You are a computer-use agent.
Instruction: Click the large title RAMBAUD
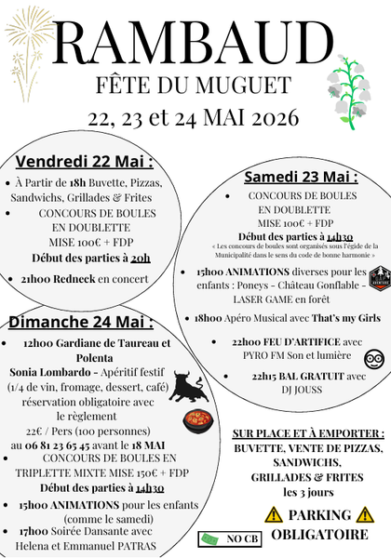195,44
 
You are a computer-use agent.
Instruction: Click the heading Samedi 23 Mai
301,177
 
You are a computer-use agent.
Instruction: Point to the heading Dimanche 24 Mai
81,322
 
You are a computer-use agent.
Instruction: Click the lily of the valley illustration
351,89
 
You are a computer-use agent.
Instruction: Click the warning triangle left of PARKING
273,514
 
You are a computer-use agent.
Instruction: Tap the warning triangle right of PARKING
365,514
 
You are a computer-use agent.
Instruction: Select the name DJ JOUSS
294,391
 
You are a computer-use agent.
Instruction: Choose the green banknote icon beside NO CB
211,538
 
